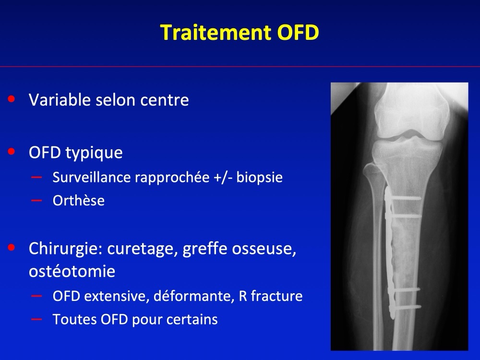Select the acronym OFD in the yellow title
298,32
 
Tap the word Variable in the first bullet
60,100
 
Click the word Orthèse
79,201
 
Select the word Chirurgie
65,248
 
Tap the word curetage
143,249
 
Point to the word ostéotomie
72,271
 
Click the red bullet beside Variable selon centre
12,99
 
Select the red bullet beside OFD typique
12,151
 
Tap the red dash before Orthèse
36,201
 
